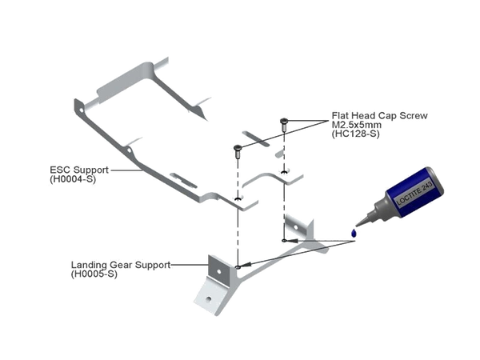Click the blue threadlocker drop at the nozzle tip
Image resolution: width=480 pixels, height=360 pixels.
353,232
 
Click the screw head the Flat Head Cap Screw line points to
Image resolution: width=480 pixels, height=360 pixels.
283,122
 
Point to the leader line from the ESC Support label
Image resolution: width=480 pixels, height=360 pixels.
120,170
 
